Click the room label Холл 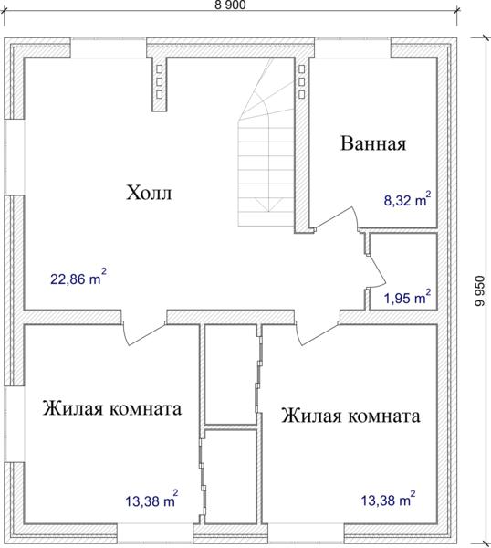click(149, 193)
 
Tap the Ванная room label click(373, 143)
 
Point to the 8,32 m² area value click(407, 199)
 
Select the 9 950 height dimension click(480, 291)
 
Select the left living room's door click(143, 332)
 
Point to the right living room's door click(317, 332)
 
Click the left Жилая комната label click(112, 408)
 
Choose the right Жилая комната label click(350, 416)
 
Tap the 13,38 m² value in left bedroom click(151, 500)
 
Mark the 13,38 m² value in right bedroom click(389, 499)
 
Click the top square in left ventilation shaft click(159, 68)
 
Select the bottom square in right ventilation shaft click(302, 94)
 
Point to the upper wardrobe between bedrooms click(231, 374)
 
